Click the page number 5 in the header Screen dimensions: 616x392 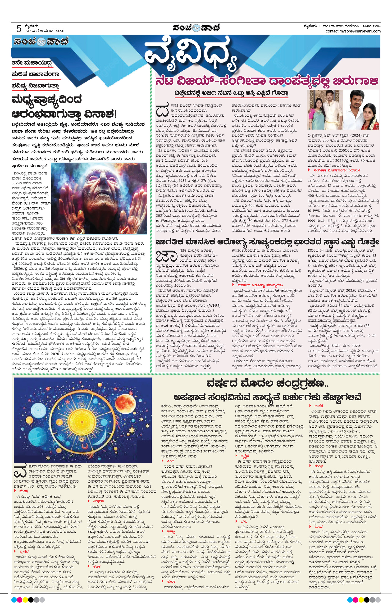(x=19, y=29)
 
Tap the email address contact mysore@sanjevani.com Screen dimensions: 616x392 (x=353, y=31)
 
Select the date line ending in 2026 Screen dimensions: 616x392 (x=44, y=31)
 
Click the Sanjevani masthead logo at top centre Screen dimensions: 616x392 (x=196, y=28)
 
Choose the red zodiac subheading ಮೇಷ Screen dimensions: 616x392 (x=23, y=491)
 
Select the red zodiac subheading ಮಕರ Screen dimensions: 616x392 (x=319, y=406)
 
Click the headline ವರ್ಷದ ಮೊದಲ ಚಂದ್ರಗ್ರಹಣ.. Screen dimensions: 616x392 (x=267, y=384)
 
